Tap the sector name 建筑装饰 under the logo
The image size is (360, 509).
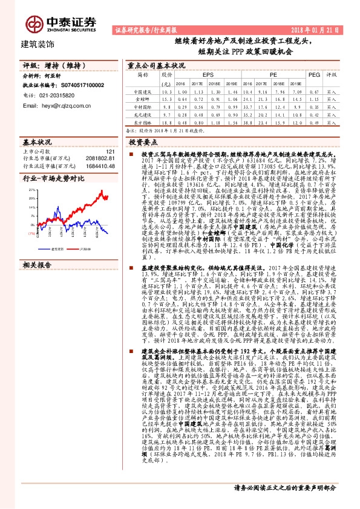[38, 45]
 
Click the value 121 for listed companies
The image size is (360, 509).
[110, 151]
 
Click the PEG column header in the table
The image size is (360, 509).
[313, 76]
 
